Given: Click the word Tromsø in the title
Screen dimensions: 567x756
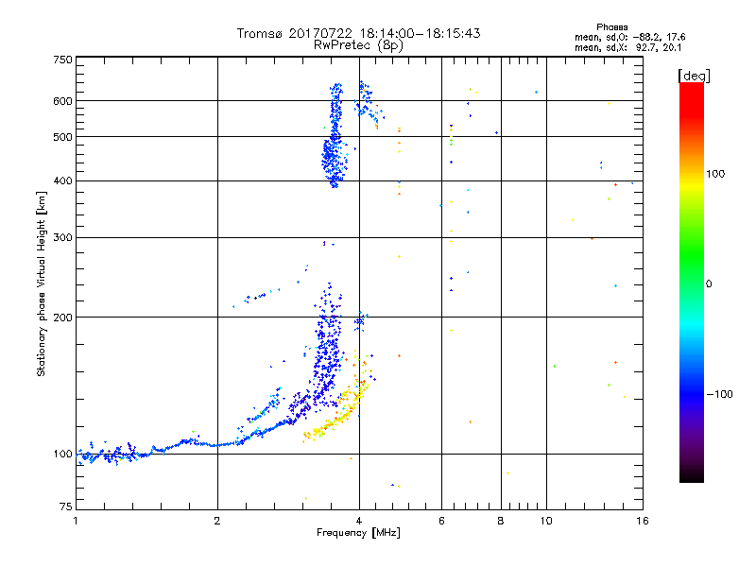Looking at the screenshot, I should coord(262,33).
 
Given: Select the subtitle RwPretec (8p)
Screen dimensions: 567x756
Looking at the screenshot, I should coord(358,44).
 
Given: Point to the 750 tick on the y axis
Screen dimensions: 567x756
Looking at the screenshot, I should coord(62,59).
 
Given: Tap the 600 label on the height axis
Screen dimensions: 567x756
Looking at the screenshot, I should coord(62,101).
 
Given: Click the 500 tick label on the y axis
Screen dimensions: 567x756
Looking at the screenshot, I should coord(62,137).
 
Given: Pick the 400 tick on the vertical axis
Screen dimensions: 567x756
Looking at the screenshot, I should coord(62,181).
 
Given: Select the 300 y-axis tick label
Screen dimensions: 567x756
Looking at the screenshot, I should coord(62,238).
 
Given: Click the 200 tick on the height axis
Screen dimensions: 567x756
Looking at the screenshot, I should coord(62,318).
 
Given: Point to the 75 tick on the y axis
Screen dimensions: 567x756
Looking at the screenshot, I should coord(65,509).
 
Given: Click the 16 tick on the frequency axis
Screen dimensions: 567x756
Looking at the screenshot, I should coord(642,521).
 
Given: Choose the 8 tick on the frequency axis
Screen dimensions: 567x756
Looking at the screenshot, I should coord(501,521).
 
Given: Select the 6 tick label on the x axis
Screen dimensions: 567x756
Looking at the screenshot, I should coord(442,521).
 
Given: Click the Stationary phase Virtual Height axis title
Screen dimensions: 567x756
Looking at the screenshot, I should coord(42,283).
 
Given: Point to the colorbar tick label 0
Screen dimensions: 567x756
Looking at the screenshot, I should coord(711,283).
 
